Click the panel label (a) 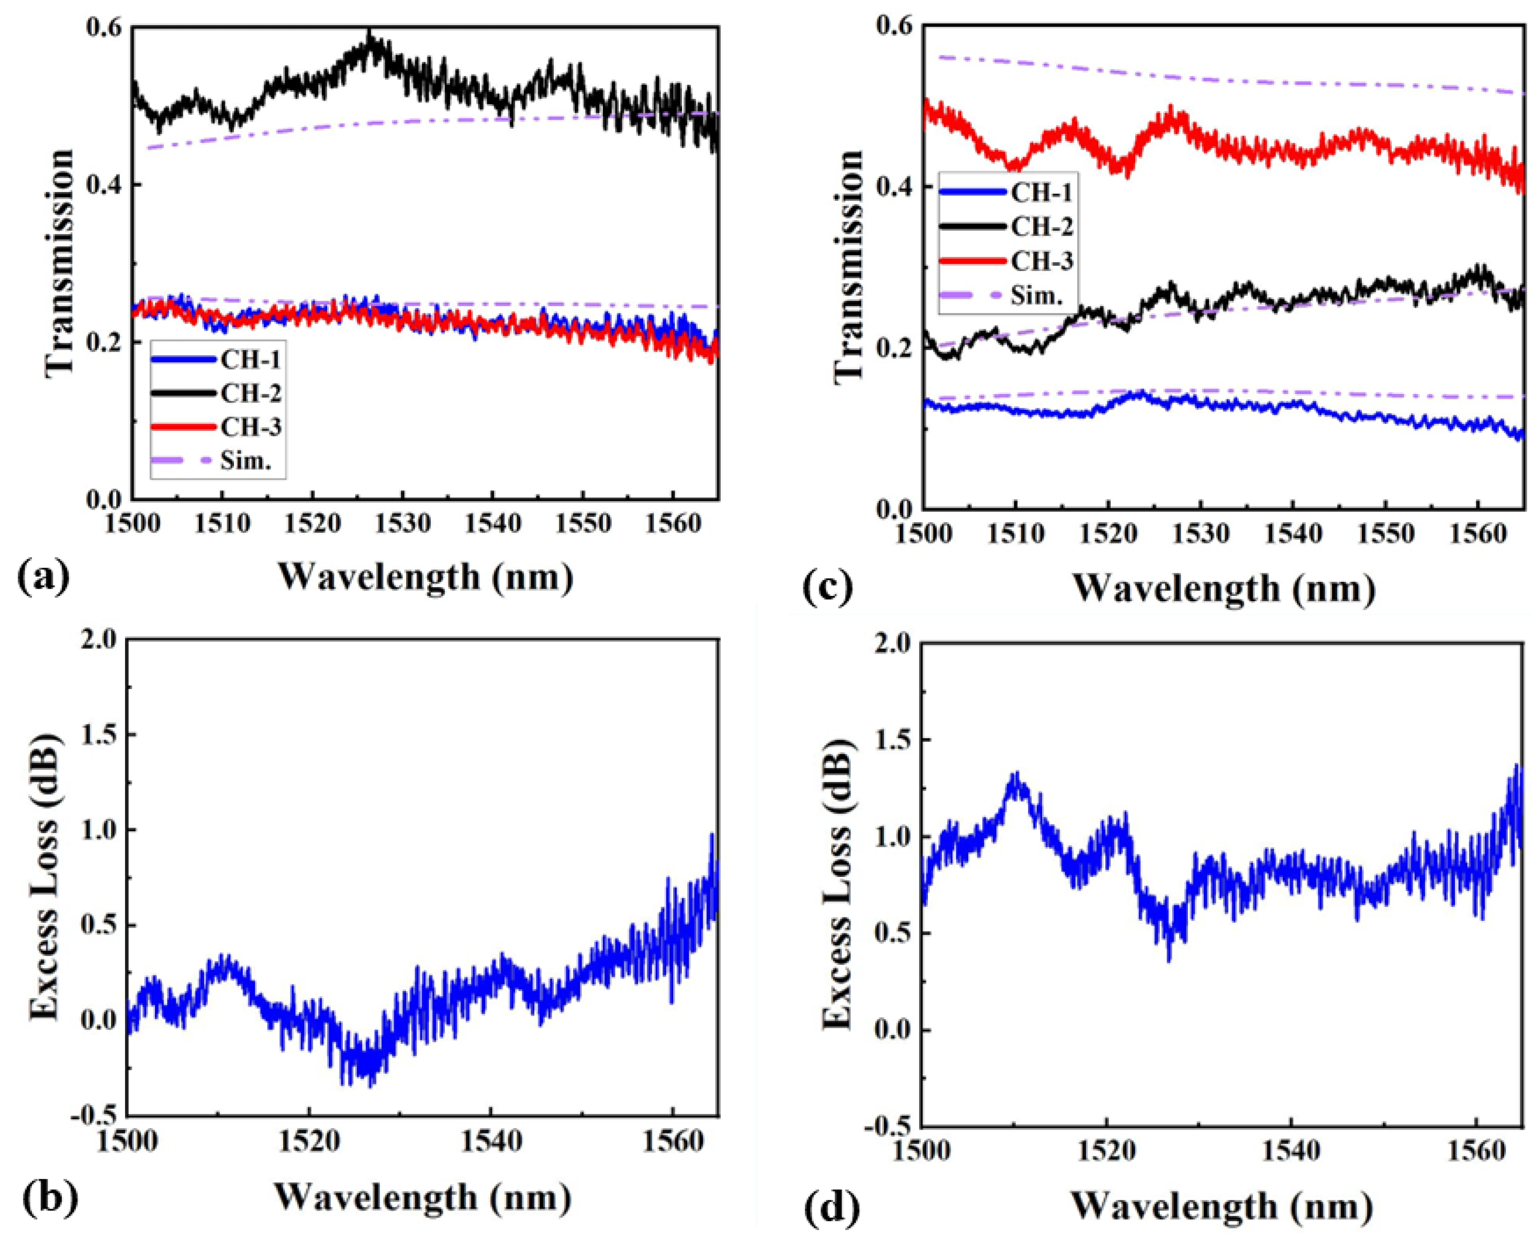[43, 577]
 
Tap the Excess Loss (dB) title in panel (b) [44, 876]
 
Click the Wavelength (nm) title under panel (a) [426, 577]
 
